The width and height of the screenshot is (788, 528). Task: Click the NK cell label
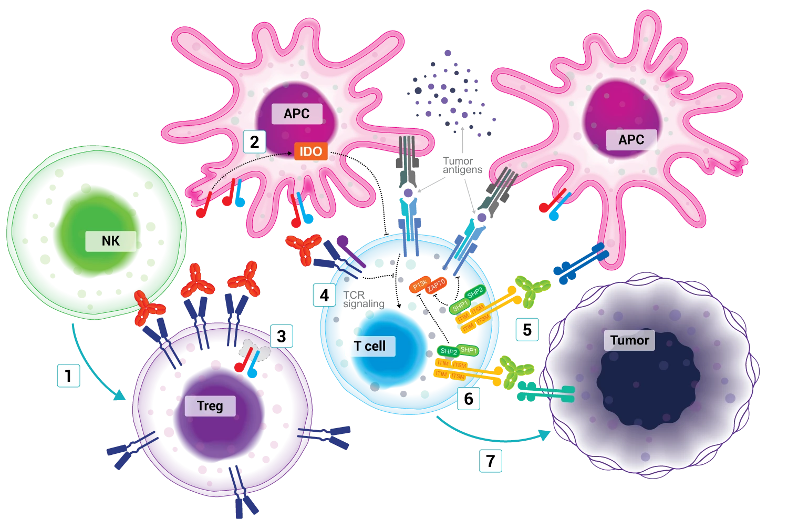[111, 241]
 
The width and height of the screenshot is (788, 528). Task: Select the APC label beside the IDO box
[296, 114]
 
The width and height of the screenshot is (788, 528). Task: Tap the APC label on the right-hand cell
[631, 140]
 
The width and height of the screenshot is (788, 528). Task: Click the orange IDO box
[310, 151]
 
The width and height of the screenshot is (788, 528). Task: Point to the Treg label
[210, 406]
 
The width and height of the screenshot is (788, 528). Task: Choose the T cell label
[370, 346]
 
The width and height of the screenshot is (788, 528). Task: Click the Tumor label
[629, 340]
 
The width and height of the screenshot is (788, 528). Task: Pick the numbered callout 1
[68, 375]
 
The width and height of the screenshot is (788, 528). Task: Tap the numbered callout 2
[254, 142]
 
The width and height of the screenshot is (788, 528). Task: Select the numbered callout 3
[281, 336]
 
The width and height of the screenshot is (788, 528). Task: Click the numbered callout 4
[324, 296]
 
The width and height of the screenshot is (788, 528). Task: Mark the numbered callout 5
[527, 330]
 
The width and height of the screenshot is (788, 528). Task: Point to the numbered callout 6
[469, 399]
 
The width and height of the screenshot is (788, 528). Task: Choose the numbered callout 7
[491, 461]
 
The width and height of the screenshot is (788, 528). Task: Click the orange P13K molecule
[420, 285]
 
